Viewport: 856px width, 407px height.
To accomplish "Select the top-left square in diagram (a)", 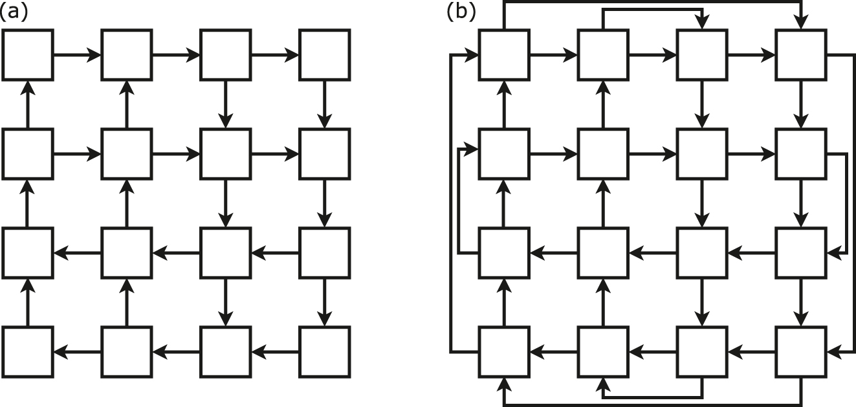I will point(27,55).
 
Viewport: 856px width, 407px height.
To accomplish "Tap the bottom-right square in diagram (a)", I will point(324,352).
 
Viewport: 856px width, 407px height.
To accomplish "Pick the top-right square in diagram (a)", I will point(324,55).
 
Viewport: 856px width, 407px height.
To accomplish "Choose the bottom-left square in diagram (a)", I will point(27,352).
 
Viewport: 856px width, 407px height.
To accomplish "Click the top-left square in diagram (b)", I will point(504,55).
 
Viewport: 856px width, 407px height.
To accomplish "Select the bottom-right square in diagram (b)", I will point(801,352).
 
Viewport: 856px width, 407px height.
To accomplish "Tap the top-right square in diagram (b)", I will point(801,55).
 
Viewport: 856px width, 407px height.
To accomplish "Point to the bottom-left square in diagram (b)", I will point(504,352).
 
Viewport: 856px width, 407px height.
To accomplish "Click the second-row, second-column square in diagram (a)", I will point(126,154).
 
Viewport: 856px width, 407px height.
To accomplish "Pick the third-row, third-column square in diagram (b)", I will point(702,253).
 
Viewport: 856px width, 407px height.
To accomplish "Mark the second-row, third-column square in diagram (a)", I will point(225,154).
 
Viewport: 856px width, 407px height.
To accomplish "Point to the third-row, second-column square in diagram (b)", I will point(603,253).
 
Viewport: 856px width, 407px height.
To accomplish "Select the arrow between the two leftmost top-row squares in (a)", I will point(76,56).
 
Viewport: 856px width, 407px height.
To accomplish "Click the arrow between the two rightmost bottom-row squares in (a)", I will point(275,353).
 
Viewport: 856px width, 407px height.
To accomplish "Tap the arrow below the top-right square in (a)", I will point(324,104).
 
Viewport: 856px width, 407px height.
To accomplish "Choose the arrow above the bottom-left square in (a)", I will point(27,302).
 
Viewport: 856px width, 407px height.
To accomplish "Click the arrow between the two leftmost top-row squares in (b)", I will point(553,56).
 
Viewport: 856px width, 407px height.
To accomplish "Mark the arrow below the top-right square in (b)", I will point(801,104).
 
